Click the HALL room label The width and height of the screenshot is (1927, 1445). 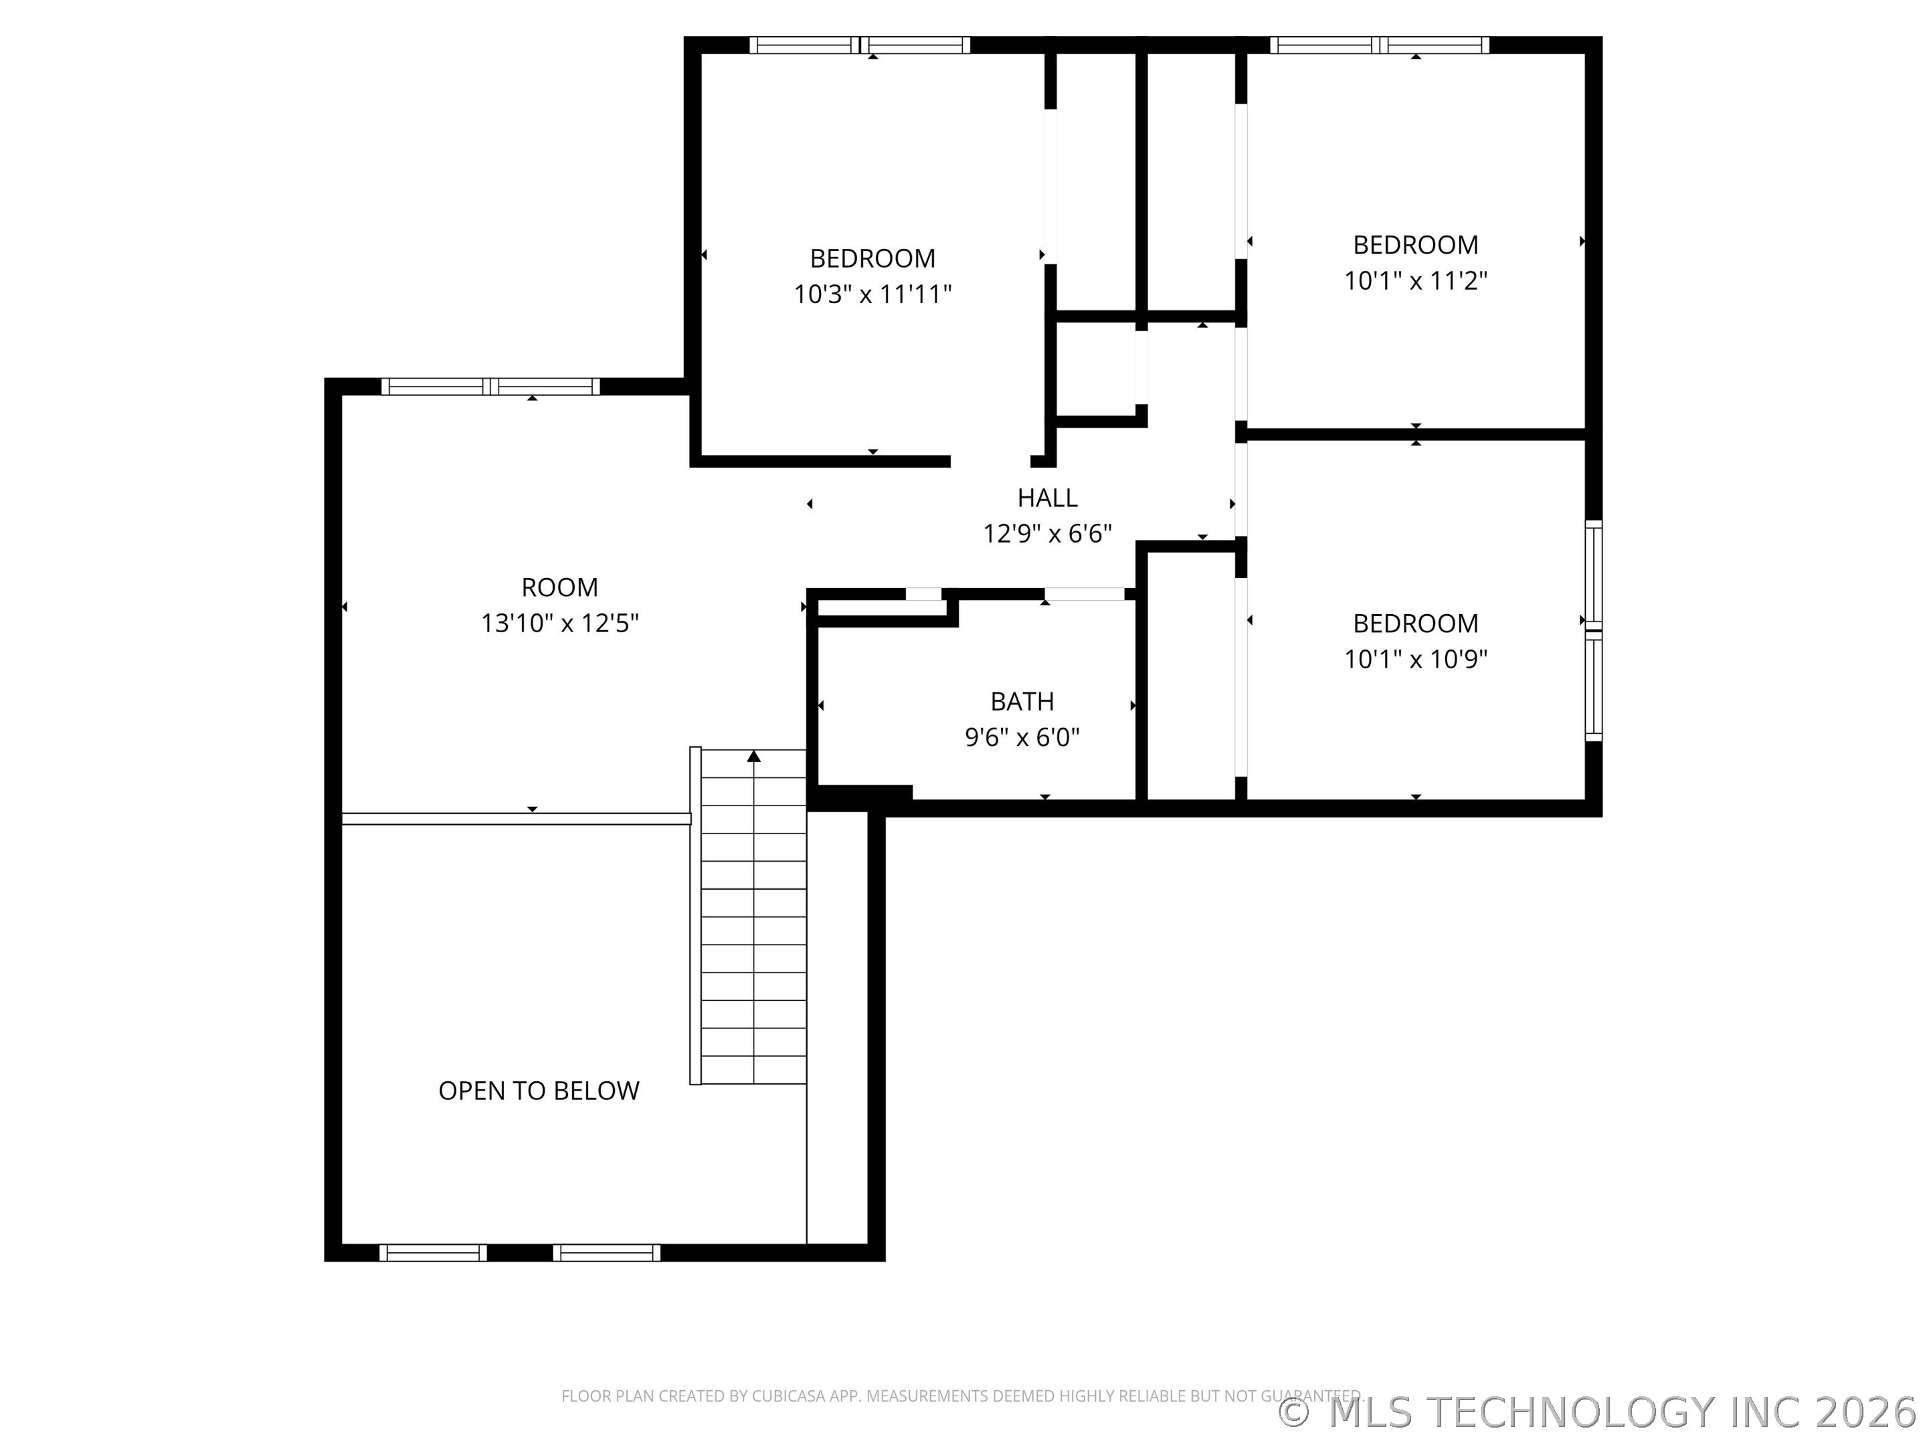pyautogui.click(x=1047, y=497)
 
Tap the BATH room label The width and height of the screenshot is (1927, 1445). pyautogui.click(x=1022, y=701)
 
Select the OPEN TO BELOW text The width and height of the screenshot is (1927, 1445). pyautogui.click(x=539, y=1090)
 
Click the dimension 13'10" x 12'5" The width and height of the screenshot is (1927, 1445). pyautogui.click(x=559, y=623)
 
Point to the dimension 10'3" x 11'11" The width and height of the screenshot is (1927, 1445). pyautogui.click(x=872, y=294)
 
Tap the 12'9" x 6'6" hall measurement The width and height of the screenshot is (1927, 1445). pyautogui.click(x=1047, y=533)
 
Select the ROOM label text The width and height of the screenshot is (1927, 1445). pyautogui.click(x=559, y=587)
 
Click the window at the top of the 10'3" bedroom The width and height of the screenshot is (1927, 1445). pyautogui.click(x=860, y=45)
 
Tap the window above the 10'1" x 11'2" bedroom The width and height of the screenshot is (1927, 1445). pyautogui.click(x=1379, y=45)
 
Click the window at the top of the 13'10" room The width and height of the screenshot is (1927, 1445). pyautogui.click(x=490, y=387)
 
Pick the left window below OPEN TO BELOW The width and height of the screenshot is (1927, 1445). pyautogui.click(x=433, y=1252)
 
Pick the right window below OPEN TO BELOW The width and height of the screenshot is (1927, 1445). pyautogui.click(x=606, y=1252)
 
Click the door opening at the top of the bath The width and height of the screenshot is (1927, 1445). pyautogui.click(x=1084, y=594)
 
